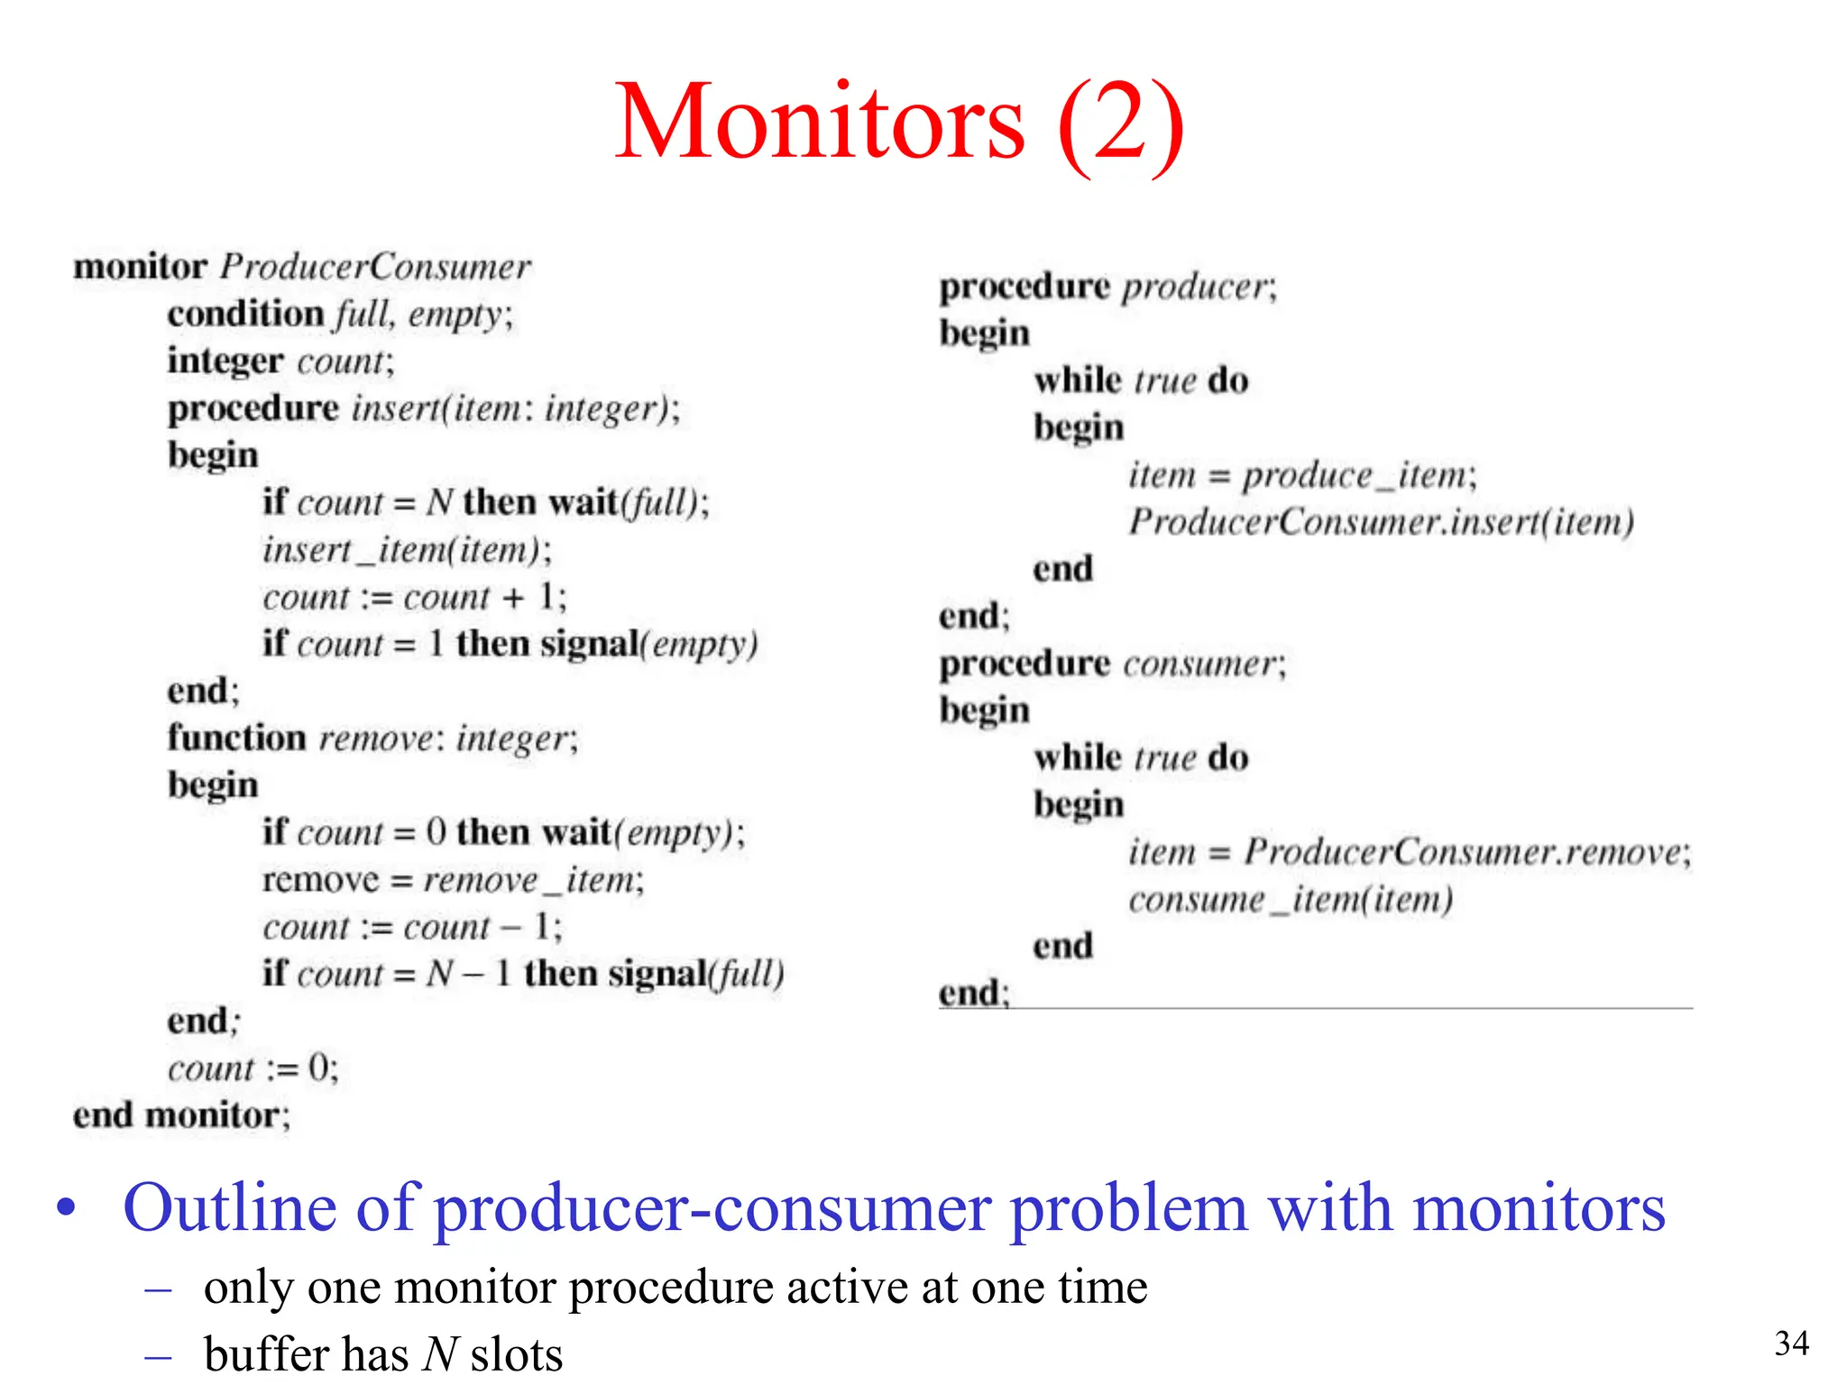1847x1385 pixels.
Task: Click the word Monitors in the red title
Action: click(819, 122)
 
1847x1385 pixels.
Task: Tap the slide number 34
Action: click(1791, 1344)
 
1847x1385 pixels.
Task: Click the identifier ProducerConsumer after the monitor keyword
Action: click(375, 267)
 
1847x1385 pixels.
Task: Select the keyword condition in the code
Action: click(245, 314)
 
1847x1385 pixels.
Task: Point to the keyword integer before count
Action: click(225, 361)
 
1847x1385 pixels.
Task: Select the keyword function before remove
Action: click(237, 738)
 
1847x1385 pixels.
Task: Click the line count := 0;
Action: click(253, 1069)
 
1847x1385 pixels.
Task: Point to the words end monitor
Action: click(180, 1115)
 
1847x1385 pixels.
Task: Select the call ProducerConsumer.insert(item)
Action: click(1381, 522)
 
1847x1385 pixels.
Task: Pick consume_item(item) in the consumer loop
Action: click(1291, 900)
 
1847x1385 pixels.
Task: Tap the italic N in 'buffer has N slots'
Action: click(442, 1353)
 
